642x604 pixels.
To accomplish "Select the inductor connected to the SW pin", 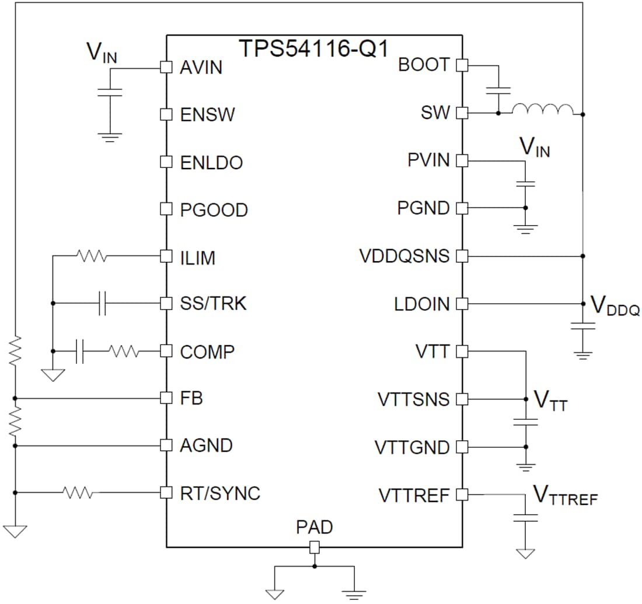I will click(x=543, y=110).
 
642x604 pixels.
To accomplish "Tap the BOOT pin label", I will click(x=424, y=65).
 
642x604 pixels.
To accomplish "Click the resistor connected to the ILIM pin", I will click(x=90, y=255).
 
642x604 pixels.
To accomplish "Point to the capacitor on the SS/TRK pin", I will click(x=104, y=304).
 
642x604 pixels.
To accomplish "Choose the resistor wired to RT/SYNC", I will click(x=78, y=493).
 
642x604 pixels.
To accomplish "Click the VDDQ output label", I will click(x=615, y=305).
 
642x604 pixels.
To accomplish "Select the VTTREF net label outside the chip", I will click(x=565, y=496).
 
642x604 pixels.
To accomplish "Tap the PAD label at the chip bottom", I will click(x=314, y=528).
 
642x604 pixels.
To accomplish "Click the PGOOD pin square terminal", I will click(x=166, y=209).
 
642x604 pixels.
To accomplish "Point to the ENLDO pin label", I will click(x=211, y=163).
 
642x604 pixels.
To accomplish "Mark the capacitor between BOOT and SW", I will click(x=498, y=90).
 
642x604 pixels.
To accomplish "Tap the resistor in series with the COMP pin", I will click(x=123, y=352).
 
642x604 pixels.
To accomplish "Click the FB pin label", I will click(x=191, y=399).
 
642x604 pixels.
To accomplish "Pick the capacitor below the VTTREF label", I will click(x=526, y=517).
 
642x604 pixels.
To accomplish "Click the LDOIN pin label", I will click(x=423, y=304).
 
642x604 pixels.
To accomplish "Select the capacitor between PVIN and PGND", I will click(x=525, y=184).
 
